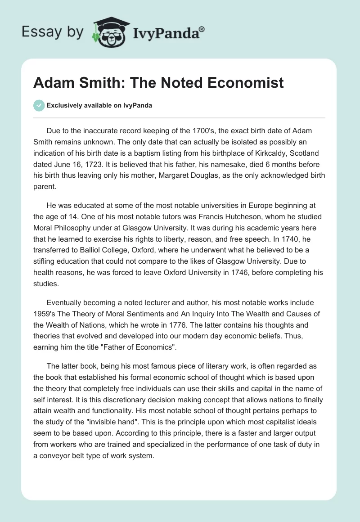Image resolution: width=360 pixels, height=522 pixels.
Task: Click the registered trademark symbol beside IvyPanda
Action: point(202,29)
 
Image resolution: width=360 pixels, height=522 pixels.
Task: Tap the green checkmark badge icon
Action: point(39,105)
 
